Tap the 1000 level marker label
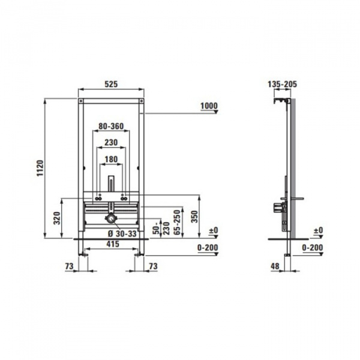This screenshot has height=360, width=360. pyautogui.click(x=208, y=106)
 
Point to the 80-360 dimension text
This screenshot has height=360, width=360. pyautogui.click(x=110, y=126)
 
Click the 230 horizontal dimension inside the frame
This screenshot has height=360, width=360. pyautogui.click(x=110, y=143)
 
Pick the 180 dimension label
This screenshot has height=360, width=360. pyautogui.click(x=110, y=159)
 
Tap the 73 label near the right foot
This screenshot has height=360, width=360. pyautogui.click(x=152, y=265)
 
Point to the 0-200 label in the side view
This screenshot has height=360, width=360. pyautogui.click(x=313, y=247)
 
